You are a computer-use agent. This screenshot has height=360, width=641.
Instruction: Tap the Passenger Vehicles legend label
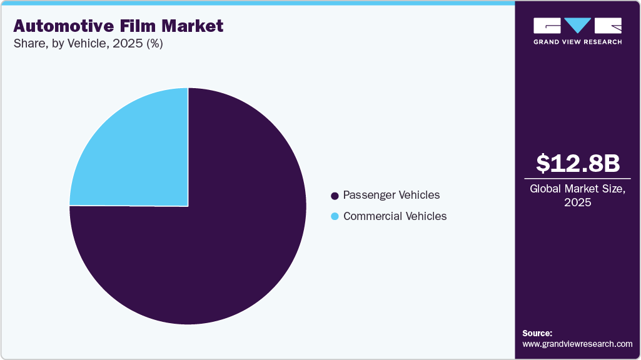pos(391,195)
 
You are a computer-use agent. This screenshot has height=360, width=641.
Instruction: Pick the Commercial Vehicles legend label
pos(395,216)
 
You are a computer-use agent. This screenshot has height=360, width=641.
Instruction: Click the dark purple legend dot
pos(335,196)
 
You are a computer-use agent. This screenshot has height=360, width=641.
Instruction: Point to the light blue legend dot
pos(335,217)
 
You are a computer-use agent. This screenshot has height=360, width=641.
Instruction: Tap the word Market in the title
pos(193,26)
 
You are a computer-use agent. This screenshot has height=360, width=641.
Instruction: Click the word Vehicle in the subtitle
pos(87,44)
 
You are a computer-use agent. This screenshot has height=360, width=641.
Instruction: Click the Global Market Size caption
pos(577,189)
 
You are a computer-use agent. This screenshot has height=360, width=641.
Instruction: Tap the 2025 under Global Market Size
pos(577,202)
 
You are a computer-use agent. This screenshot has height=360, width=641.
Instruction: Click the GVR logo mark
pos(577,26)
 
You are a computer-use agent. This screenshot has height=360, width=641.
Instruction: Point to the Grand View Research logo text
pos(577,42)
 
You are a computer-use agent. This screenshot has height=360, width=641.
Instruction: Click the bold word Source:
pos(537,333)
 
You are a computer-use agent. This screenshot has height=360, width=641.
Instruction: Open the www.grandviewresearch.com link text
pos(577,344)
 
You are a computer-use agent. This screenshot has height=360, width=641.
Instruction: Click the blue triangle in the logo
pos(578,26)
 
